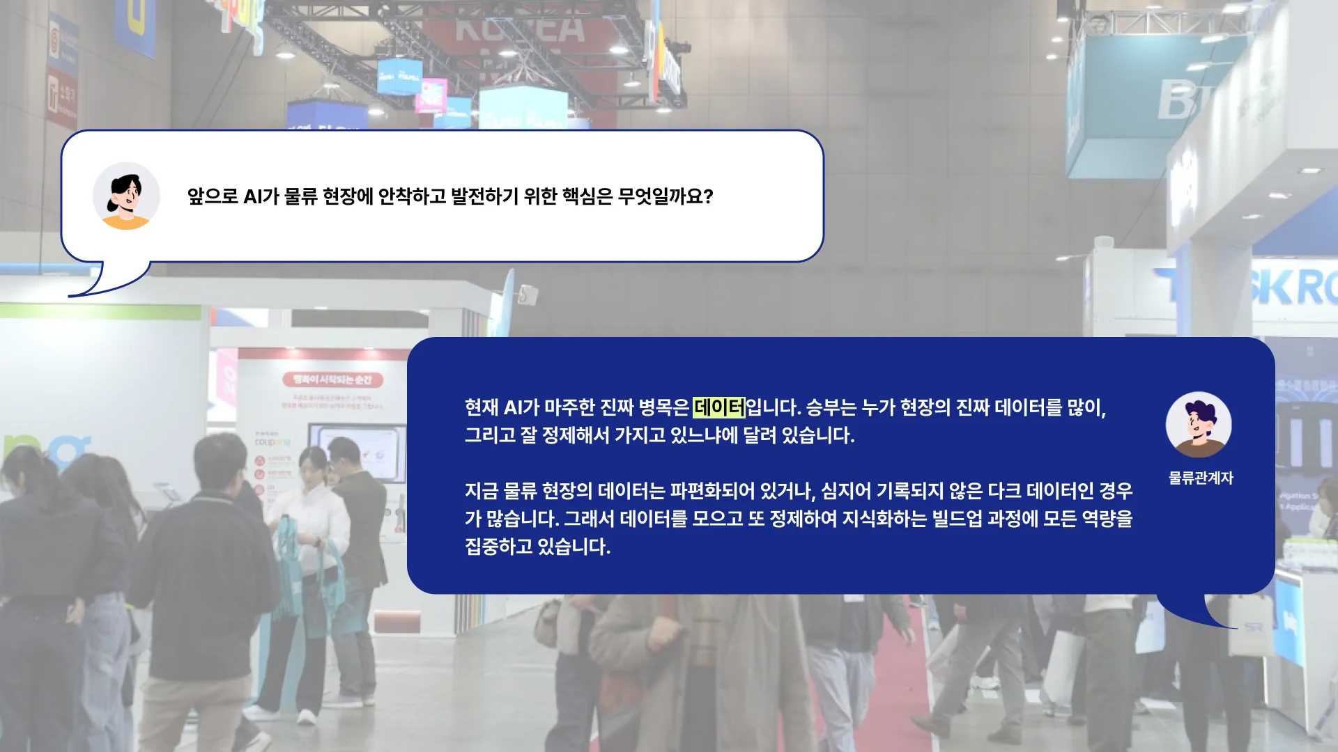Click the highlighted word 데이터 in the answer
(718, 407)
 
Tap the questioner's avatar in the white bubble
(126, 196)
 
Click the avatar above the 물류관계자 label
(1199, 424)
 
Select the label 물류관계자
(1201, 478)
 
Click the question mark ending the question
(709, 196)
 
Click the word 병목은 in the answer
(663, 407)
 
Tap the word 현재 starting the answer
(482, 407)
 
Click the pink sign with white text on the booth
(332, 379)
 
